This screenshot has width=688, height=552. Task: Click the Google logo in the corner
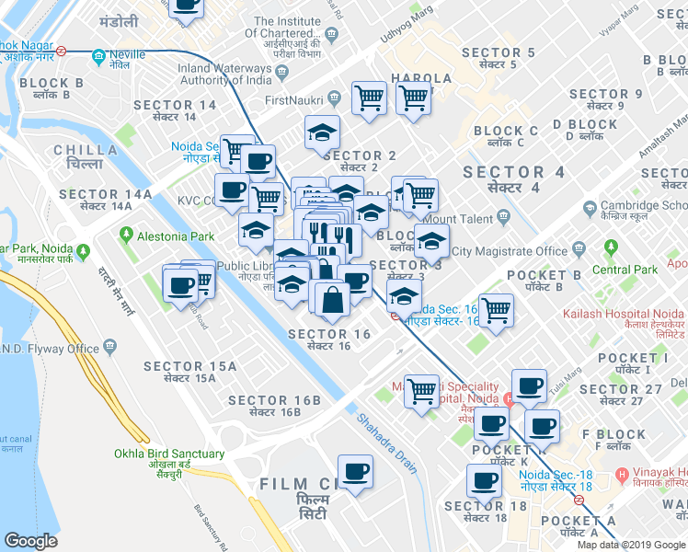[x=31, y=541]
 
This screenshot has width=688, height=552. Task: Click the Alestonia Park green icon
[x=125, y=236]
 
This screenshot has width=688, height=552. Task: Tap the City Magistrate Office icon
[x=579, y=250]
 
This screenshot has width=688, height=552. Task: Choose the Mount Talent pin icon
[x=503, y=217]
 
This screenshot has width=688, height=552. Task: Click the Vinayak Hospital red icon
[x=623, y=477]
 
